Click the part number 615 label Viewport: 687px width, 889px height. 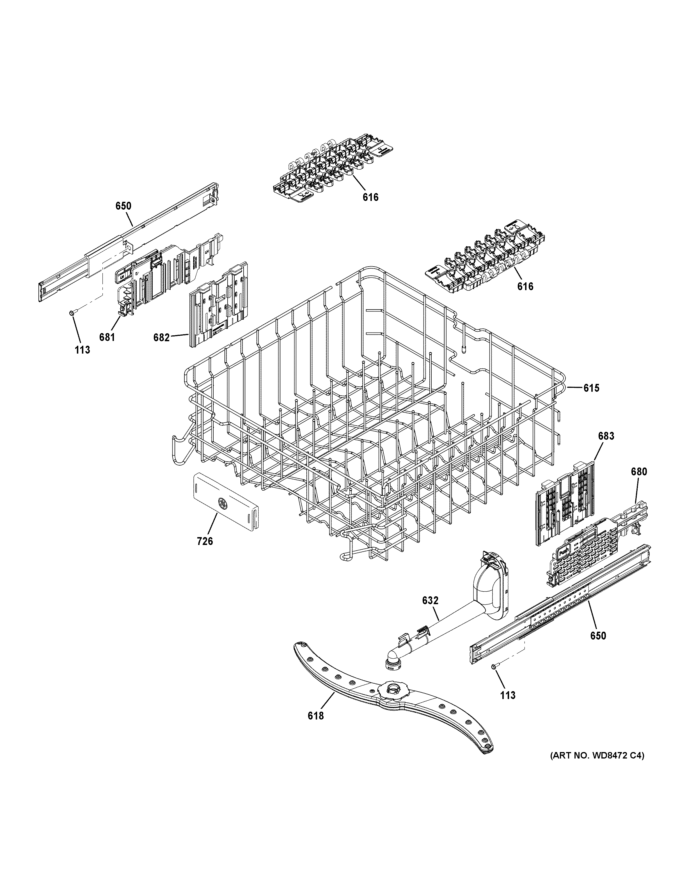[591, 388]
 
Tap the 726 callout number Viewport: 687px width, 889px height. [205, 541]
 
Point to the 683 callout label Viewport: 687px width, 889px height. [606, 436]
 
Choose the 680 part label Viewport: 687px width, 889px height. [638, 472]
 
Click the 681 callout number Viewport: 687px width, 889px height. [107, 337]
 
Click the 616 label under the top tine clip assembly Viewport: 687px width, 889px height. [370, 198]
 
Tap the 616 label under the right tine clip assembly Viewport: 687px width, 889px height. [525, 287]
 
